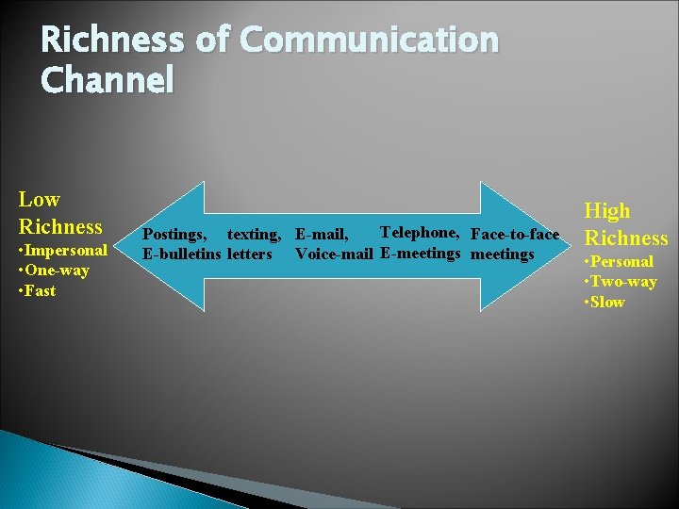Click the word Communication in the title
click(369, 41)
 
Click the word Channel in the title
click(108, 81)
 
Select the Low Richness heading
click(60, 213)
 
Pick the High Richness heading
click(625, 224)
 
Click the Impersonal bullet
click(63, 251)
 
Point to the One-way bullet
click(55, 271)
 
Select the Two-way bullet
click(621, 282)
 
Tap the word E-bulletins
click(181, 254)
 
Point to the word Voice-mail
click(335, 254)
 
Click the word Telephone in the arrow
click(419, 233)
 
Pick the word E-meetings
click(420, 253)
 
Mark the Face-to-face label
click(514, 234)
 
